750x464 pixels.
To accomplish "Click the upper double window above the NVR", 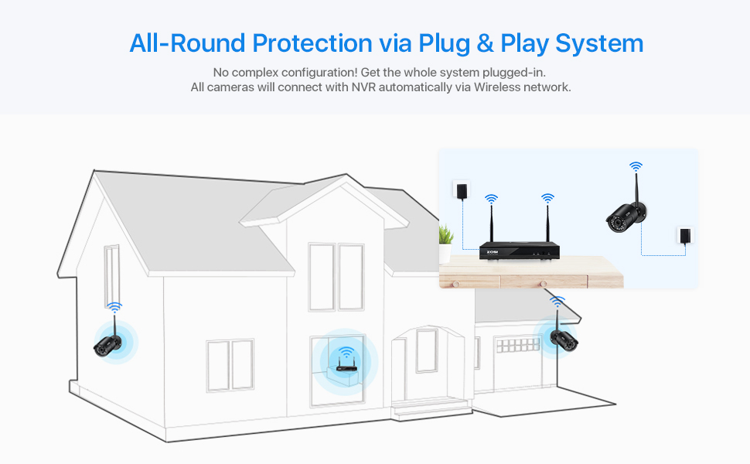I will (336, 276).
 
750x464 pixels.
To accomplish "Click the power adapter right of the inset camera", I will (683, 236).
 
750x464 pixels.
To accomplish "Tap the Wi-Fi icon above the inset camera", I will (636, 166).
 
